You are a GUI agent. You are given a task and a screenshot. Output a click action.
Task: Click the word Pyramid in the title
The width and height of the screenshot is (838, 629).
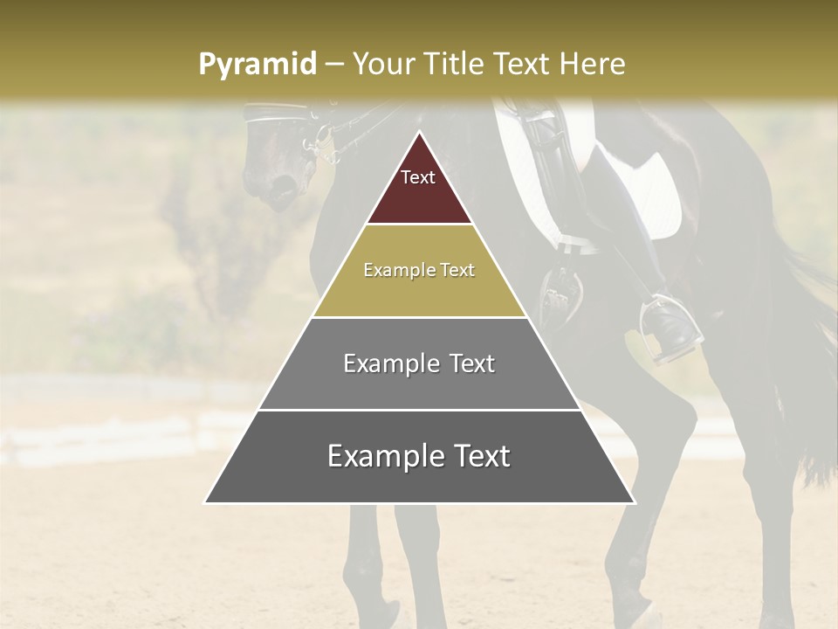(257, 65)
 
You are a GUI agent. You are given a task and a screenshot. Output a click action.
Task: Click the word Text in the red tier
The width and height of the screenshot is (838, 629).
(418, 177)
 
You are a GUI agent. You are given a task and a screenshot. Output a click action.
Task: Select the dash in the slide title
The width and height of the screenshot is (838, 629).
(334, 65)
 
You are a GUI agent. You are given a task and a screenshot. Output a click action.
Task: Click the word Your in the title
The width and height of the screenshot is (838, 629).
(381, 65)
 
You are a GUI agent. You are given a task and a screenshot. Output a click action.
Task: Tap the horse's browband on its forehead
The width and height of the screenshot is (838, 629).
(275, 111)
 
